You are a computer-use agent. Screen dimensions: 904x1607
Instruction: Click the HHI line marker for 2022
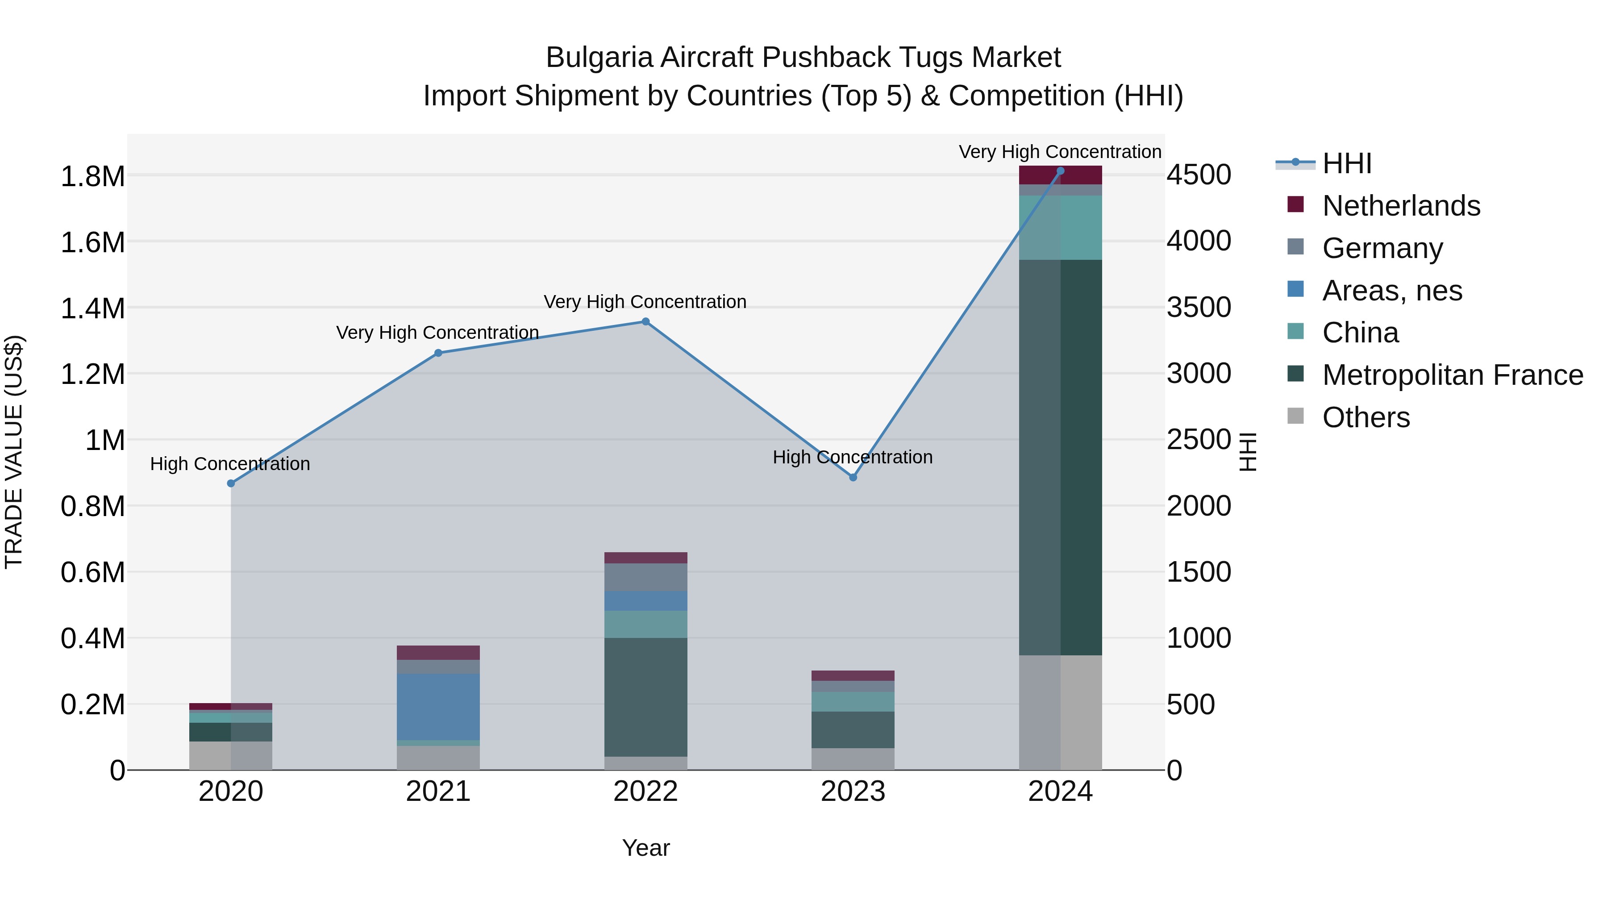(x=645, y=322)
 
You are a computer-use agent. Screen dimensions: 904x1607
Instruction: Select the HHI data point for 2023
(x=853, y=477)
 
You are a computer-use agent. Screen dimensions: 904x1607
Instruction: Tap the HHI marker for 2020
(x=231, y=483)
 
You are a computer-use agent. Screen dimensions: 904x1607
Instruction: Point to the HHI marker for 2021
(x=438, y=353)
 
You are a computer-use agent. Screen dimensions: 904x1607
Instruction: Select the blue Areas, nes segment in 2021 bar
(x=438, y=706)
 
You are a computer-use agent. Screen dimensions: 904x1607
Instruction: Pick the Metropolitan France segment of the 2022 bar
(x=645, y=697)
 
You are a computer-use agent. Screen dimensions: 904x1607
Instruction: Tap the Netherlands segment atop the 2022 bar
(x=645, y=558)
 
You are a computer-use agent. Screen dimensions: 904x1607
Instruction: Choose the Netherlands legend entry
(x=1400, y=206)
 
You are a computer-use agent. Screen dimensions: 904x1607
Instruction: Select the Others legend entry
(x=1365, y=417)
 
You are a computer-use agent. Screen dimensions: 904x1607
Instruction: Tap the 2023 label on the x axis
(x=853, y=792)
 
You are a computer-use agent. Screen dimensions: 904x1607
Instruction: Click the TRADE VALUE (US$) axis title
(x=14, y=452)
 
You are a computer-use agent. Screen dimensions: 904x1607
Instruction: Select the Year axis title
(x=645, y=848)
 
